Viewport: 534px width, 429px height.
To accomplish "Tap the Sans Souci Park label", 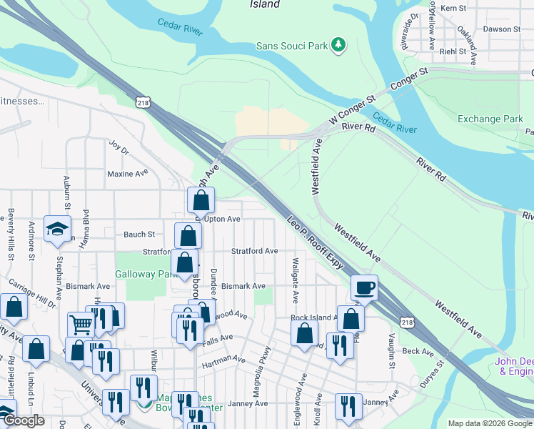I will point(291,46).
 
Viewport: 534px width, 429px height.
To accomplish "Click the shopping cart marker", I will point(81,325).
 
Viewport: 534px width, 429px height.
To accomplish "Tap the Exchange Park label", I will point(490,119).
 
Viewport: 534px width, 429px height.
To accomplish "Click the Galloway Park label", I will point(146,274).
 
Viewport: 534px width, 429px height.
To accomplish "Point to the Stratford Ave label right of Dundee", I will point(254,251).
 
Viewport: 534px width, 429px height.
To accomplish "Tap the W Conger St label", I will point(351,111).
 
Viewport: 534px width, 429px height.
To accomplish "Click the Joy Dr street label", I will point(118,152).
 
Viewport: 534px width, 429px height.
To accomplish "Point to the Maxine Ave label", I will point(127,173).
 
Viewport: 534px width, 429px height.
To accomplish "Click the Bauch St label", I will point(139,235).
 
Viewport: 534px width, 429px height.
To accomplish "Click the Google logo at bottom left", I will point(24,420).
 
